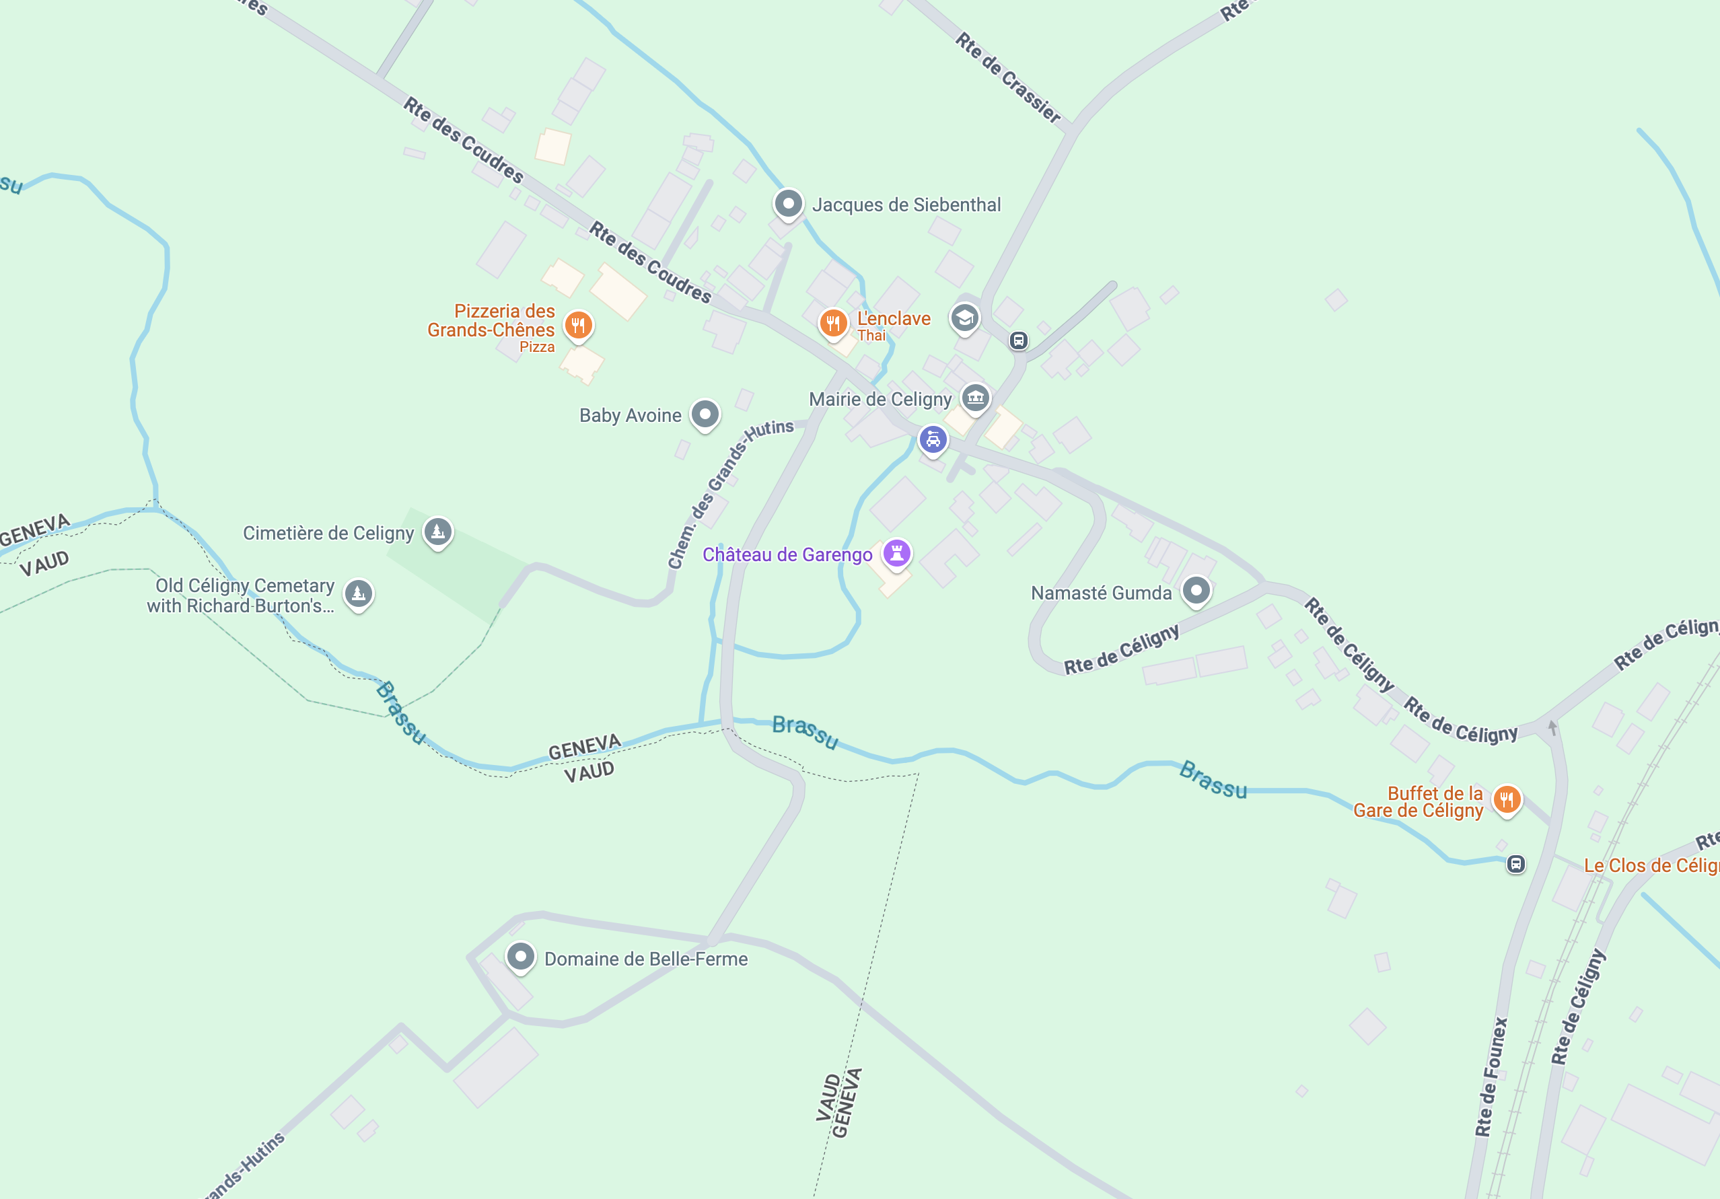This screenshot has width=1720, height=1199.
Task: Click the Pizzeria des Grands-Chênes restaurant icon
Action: coord(578,326)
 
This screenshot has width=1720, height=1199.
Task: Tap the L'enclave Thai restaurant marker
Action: coord(833,324)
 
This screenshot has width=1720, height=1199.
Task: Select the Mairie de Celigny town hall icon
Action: coord(975,398)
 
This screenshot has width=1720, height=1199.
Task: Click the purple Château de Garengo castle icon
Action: coord(897,554)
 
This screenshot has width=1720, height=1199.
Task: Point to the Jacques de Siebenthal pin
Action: coord(788,203)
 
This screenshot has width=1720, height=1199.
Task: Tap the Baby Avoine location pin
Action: coord(705,414)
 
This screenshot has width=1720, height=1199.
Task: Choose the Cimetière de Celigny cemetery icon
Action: coord(438,532)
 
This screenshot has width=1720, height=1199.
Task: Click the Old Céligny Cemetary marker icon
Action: coord(359,594)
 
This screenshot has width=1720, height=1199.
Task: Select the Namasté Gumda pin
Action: coord(1196,591)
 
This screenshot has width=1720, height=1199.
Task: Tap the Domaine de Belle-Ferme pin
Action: coord(521,957)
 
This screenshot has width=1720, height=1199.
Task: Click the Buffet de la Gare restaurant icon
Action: coord(1507,800)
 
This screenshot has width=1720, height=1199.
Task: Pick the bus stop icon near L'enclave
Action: coord(1018,340)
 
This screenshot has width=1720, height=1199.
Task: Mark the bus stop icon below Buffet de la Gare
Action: coord(1515,864)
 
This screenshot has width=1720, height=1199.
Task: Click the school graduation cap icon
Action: coord(965,318)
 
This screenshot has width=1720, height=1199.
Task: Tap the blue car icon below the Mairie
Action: coord(933,440)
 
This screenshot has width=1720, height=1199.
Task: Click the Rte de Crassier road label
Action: coord(1008,77)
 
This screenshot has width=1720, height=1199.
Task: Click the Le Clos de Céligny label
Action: coord(1651,866)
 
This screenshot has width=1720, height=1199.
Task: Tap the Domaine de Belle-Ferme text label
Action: coord(646,959)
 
